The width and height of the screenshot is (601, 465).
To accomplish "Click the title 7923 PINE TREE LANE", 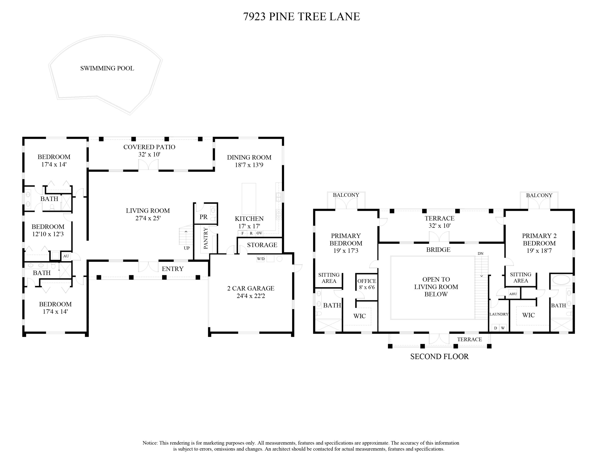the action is pyautogui.click(x=302, y=16).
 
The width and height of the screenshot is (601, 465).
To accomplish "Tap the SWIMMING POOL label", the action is pyautogui.click(x=107, y=68).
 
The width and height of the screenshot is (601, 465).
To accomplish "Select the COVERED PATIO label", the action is pyautogui.click(x=149, y=147).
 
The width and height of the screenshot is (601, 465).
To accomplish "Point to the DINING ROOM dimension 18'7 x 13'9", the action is pyautogui.click(x=249, y=165).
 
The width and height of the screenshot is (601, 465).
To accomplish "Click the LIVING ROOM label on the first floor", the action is pyautogui.click(x=148, y=211).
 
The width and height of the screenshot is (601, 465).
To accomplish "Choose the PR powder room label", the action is pyautogui.click(x=204, y=217).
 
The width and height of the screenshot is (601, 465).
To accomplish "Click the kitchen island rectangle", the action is pyautogui.click(x=249, y=199).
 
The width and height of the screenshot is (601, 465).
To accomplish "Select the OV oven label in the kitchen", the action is pyautogui.click(x=259, y=233).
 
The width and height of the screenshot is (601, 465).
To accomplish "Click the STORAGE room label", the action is pyautogui.click(x=262, y=245).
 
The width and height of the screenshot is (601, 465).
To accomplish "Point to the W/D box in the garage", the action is pyautogui.click(x=261, y=259).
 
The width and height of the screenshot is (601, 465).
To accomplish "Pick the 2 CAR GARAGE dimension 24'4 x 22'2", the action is pyautogui.click(x=251, y=296).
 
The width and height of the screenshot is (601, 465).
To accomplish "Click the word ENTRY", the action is pyautogui.click(x=172, y=269).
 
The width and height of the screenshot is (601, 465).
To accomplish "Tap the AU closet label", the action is pyautogui.click(x=66, y=256).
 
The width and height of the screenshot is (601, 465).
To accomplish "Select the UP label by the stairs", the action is pyautogui.click(x=187, y=248).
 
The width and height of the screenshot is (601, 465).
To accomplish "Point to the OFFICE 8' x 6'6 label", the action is pyautogui.click(x=367, y=284).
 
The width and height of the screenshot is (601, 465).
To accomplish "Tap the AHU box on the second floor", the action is pyautogui.click(x=513, y=294).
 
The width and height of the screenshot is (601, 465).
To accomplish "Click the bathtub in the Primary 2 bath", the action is pyautogui.click(x=561, y=280).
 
